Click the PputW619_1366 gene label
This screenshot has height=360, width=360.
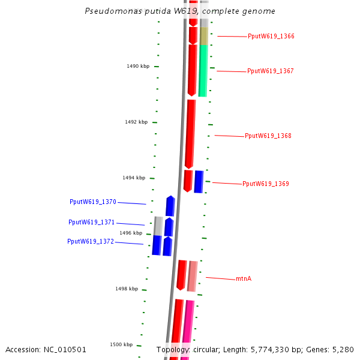(x=271, y=37)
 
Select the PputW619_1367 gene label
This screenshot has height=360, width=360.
(x=270, y=71)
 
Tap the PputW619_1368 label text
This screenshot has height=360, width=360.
(x=268, y=136)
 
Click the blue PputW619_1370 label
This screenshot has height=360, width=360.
(x=92, y=202)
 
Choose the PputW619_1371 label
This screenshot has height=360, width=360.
(x=91, y=223)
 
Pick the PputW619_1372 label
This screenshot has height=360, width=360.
(x=90, y=242)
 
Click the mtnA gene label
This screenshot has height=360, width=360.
(x=243, y=279)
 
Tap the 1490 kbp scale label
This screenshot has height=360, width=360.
(x=137, y=67)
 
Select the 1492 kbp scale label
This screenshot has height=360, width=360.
(x=136, y=122)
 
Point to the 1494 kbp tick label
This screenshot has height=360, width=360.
(x=133, y=178)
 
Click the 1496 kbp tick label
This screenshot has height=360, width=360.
(x=130, y=233)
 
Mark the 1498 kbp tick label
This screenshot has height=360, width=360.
(x=126, y=289)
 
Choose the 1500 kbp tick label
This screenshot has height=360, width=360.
(x=121, y=345)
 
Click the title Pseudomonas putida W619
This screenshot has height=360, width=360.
(x=180, y=11)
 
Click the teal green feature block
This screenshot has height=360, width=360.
(x=203, y=71)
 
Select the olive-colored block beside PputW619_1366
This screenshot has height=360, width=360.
(x=204, y=36)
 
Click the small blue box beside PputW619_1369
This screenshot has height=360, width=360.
(x=199, y=182)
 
